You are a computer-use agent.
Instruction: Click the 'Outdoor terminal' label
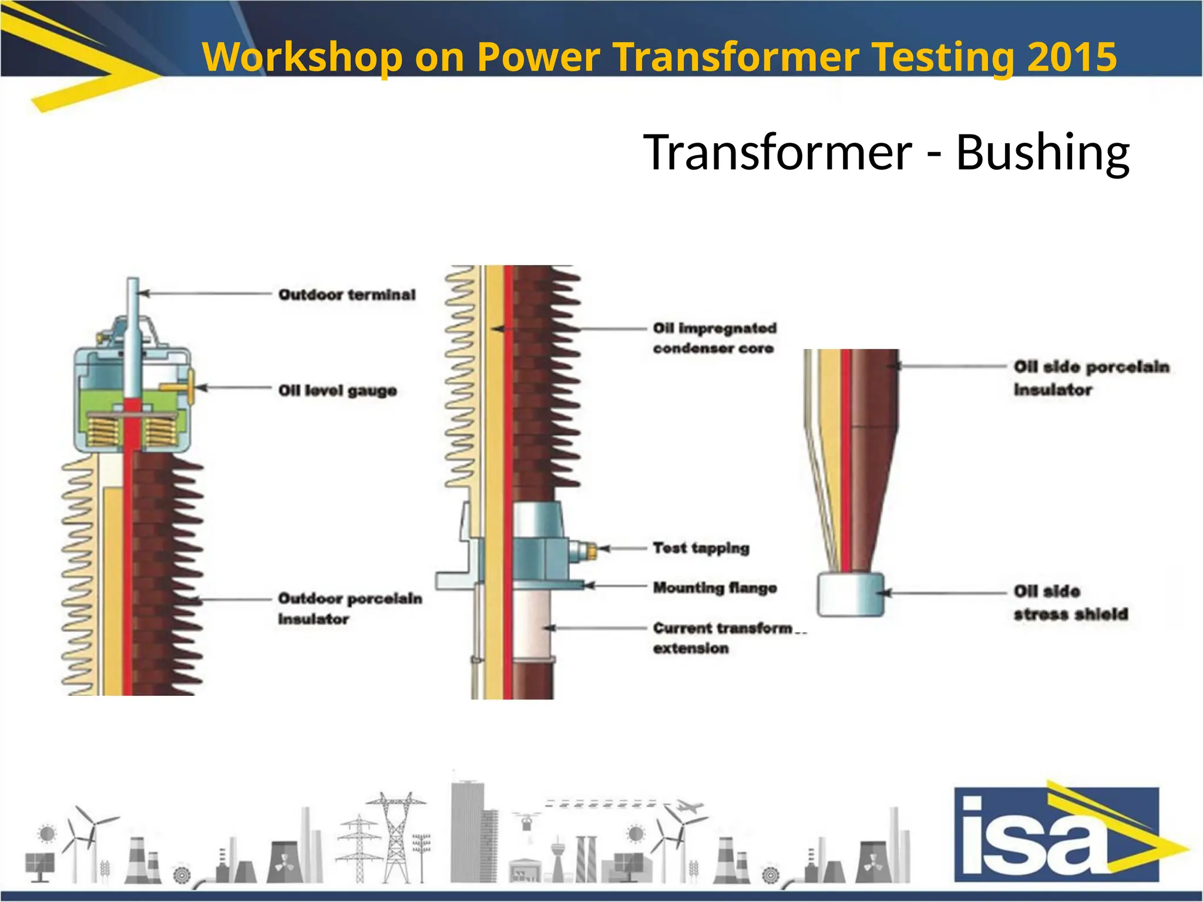(x=347, y=294)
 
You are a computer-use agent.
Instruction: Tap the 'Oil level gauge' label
(x=337, y=391)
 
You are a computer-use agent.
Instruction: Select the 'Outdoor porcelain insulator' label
(x=350, y=608)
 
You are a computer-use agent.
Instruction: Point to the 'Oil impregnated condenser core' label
(x=714, y=338)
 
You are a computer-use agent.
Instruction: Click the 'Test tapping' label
(x=701, y=548)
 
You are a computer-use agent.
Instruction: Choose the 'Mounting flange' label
(x=714, y=588)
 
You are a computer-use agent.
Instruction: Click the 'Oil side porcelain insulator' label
(x=1091, y=378)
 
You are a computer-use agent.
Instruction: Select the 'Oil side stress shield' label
(x=1070, y=603)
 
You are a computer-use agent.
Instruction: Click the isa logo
(x=1057, y=834)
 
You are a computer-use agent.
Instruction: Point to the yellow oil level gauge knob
(x=176, y=388)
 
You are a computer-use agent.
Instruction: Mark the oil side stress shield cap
(x=851, y=594)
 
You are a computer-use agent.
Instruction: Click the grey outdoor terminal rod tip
(x=133, y=288)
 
